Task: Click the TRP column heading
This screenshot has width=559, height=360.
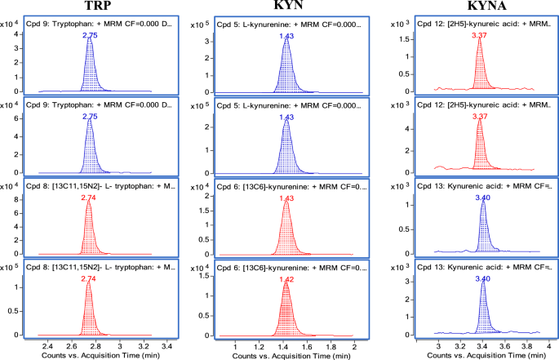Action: [97, 7]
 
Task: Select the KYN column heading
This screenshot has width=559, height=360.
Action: [285, 7]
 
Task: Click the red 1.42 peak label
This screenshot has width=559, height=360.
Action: [286, 279]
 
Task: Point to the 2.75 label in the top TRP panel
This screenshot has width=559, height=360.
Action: [90, 37]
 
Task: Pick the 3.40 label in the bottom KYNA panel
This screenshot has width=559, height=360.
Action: [483, 279]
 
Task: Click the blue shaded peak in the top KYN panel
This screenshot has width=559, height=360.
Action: [286, 69]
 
